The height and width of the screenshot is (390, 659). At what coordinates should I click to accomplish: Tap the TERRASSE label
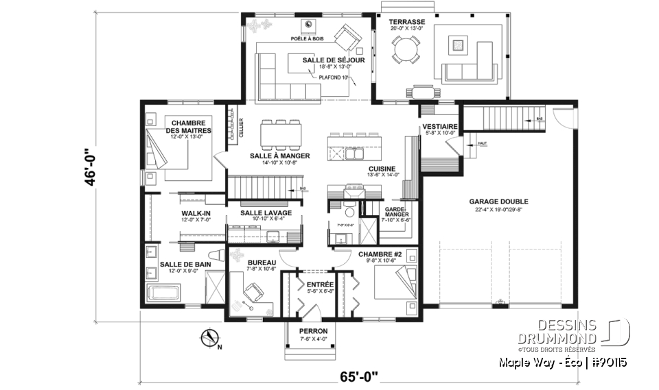click(x=408, y=22)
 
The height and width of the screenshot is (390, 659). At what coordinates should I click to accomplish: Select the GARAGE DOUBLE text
click(x=494, y=202)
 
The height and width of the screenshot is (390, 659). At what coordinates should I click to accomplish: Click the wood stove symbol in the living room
click(x=310, y=25)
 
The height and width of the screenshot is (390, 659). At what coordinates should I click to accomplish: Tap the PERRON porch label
click(x=313, y=332)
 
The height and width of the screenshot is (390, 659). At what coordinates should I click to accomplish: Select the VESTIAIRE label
click(x=436, y=127)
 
